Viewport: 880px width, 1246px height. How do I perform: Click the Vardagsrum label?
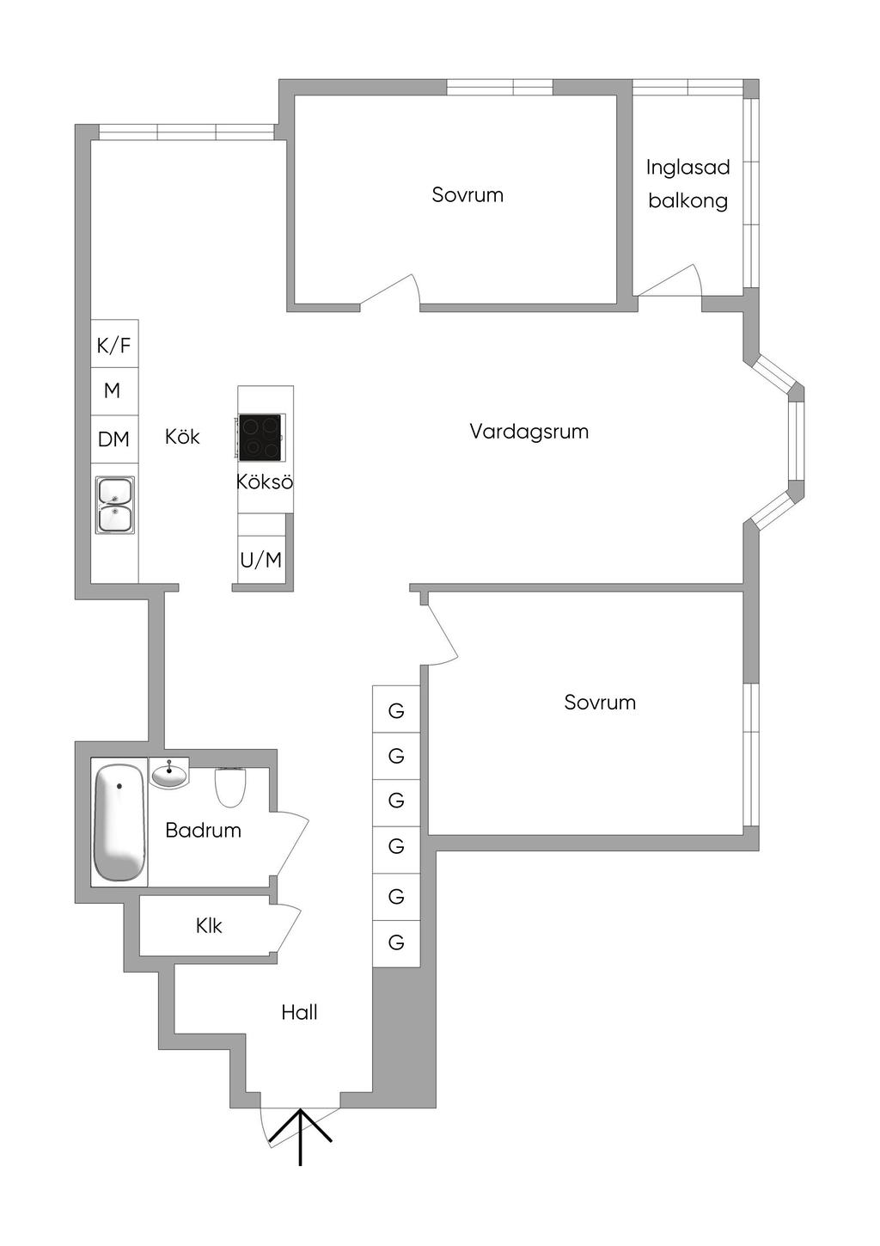[x=529, y=432]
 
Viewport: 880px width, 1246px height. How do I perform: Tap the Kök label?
[x=182, y=437]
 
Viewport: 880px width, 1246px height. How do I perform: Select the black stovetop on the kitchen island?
[x=260, y=437]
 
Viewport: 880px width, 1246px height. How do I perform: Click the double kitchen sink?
[x=114, y=505]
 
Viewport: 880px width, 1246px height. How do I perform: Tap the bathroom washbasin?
[x=169, y=774]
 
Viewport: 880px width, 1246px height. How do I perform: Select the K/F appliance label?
[x=113, y=346]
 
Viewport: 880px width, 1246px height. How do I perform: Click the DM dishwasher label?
[x=113, y=439]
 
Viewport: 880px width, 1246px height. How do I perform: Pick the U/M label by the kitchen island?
[x=260, y=560]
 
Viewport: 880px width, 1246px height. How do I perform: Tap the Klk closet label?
[x=209, y=925]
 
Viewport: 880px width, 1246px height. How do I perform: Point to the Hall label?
[x=299, y=1012]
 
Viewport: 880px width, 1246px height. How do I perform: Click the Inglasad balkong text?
[x=687, y=183]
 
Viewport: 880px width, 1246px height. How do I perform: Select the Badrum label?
[x=203, y=831]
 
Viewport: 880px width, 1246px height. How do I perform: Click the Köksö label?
[x=265, y=482]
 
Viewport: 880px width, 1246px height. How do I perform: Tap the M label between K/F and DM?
[x=112, y=390]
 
